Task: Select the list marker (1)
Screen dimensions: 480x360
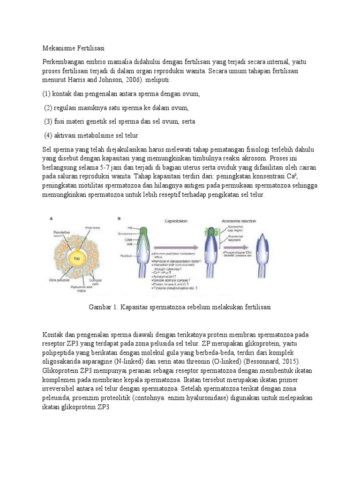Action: [47, 94]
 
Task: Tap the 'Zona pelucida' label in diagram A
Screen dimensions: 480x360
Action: [56, 280]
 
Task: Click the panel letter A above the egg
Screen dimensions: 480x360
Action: [52, 218]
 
